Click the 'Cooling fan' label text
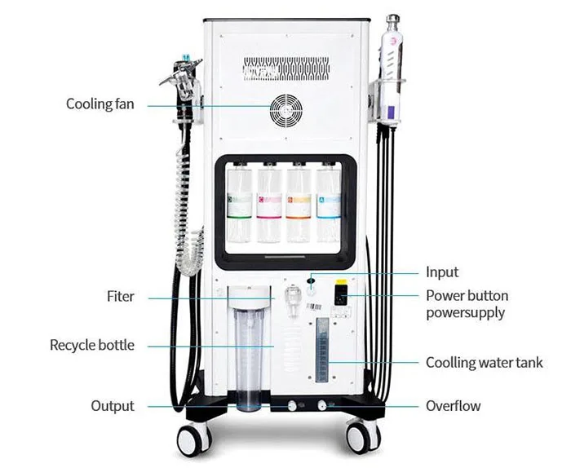tap(100, 104)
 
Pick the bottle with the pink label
tap(268, 204)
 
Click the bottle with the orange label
tap(299, 204)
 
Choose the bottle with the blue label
tap(328, 204)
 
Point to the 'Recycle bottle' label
tap(91, 346)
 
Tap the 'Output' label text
tap(112, 406)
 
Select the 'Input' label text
tap(442, 272)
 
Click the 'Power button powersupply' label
tap(467, 304)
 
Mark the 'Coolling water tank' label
tap(484, 363)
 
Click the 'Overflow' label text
tap(453, 406)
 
